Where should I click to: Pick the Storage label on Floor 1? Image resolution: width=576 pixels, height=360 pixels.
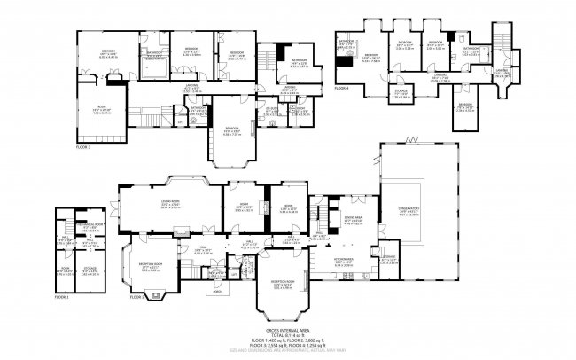(90, 271)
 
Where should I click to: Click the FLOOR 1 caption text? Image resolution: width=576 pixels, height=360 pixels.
(60, 294)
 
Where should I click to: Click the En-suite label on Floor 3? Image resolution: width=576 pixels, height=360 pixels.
(271, 110)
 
